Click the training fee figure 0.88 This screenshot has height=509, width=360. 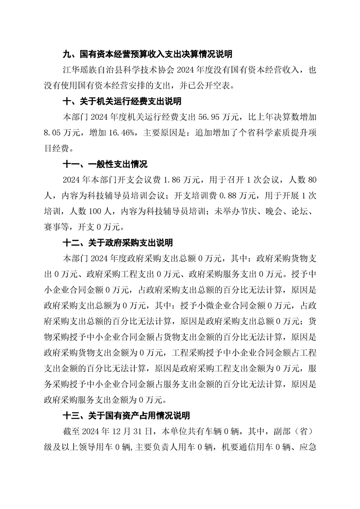pyautogui.click(x=227, y=196)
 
